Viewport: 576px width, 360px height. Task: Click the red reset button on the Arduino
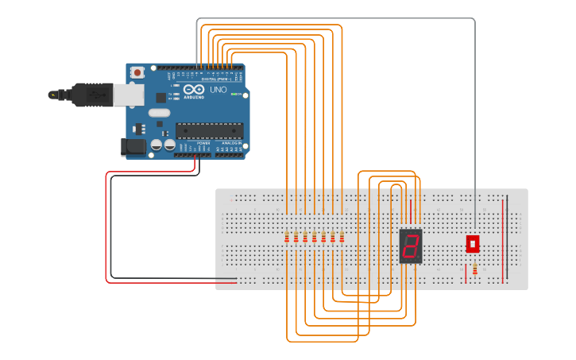137,72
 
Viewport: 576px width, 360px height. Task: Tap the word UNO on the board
218,90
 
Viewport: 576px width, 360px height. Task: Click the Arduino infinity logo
194,90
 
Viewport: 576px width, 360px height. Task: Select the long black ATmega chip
208,130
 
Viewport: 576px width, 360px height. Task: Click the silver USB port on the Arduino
128,95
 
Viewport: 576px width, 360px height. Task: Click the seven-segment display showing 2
411,246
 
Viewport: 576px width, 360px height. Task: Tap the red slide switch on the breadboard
473,242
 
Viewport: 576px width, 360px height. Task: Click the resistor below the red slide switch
475,270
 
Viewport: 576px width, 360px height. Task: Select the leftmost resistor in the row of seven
286,238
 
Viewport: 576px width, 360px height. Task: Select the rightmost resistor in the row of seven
342,238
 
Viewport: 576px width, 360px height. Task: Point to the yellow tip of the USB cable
53,95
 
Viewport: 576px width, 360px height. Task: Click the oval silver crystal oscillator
160,113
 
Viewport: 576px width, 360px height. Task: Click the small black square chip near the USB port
161,97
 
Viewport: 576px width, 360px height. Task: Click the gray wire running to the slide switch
475,119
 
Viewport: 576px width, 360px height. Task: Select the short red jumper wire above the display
411,210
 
